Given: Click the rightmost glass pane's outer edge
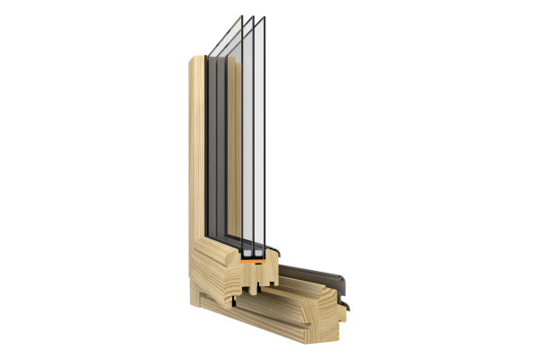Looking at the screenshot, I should [267, 135].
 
